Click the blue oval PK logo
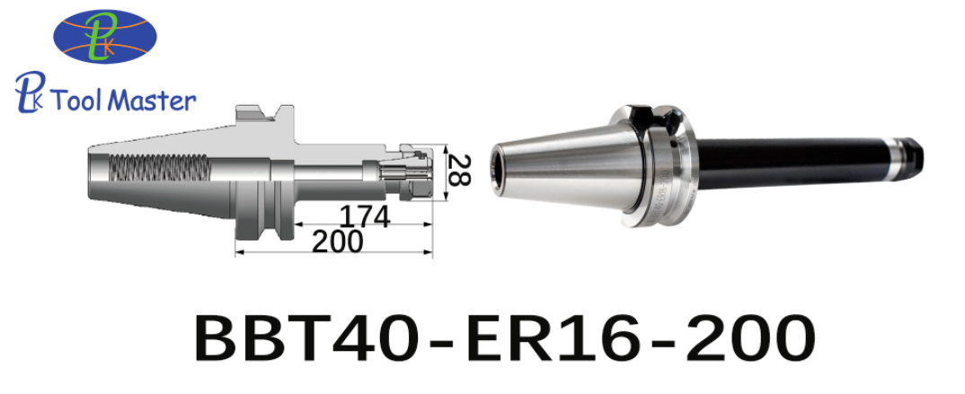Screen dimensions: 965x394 pyautogui.click(x=104, y=36)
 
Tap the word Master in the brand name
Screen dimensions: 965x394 pyautogui.click(x=155, y=101)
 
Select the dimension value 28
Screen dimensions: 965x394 pyautogui.click(x=458, y=171)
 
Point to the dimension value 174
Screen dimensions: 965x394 pyautogui.click(x=364, y=216)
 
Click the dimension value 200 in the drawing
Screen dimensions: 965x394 pyautogui.click(x=337, y=241)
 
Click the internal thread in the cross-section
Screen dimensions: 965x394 pyautogui.click(x=161, y=166)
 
